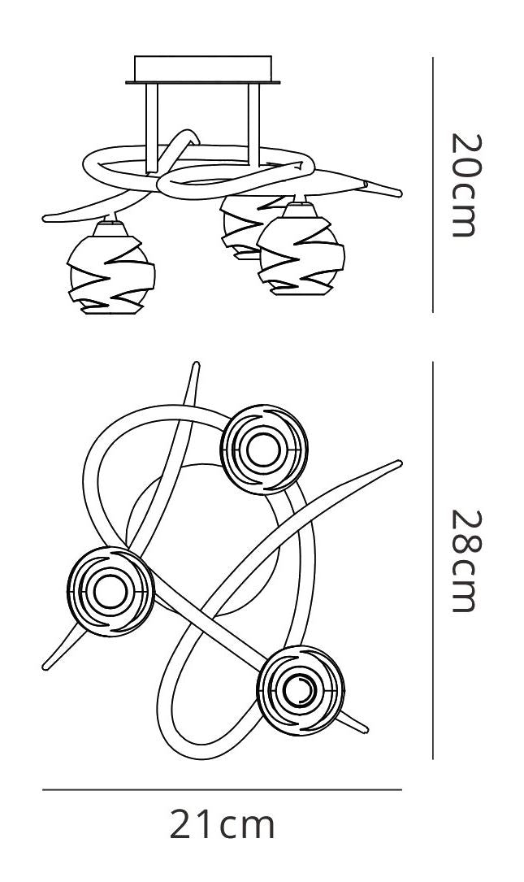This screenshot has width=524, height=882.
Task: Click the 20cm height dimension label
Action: (x=466, y=185)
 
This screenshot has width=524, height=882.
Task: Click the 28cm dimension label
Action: (x=466, y=561)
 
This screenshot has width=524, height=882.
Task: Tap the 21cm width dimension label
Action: (x=222, y=824)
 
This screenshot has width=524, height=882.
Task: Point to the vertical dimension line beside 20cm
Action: (x=433, y=185)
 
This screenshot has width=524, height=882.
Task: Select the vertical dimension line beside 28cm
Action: (x=433, y=560)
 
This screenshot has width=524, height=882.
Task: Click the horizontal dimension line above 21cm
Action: (x=222, y=790)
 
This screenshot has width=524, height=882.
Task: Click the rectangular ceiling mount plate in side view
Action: (x=203, y=70)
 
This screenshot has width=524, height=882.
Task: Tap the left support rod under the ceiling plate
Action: (x=151, y=128)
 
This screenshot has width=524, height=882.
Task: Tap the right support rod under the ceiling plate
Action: (x=254, y=125)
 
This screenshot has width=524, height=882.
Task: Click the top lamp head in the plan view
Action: (x=264, y=450)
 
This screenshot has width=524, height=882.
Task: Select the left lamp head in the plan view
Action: (x=110, y=591)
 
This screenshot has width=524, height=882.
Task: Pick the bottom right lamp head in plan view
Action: (x=301, y=690)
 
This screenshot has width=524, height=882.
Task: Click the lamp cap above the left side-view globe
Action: (x=110, y=228)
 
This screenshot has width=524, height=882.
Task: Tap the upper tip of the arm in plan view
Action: (x=196, y=365)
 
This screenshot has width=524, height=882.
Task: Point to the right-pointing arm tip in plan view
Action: (x=399, y=463)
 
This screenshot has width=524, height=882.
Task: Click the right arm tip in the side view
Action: (x=399, y=194)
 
